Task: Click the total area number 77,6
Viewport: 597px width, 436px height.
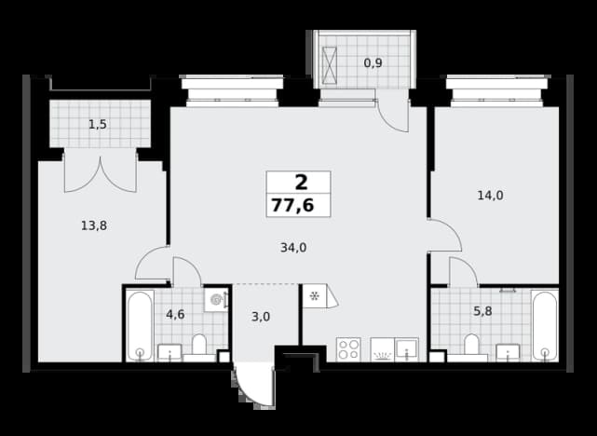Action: point(292,206)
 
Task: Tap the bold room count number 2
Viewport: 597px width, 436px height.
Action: point(301,183)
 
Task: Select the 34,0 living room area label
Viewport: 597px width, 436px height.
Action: point(293,248)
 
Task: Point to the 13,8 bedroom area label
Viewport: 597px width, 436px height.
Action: point(94,225)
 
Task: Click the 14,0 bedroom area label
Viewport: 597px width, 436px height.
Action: point(491,196)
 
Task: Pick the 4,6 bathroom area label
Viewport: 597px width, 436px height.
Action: point(175,315)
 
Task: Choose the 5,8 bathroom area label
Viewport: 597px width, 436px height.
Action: point(482,311)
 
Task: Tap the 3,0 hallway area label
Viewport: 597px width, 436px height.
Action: point(261,317)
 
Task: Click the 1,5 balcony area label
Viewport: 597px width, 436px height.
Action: point(98,125)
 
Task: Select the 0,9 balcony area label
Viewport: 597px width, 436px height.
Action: point(373,62)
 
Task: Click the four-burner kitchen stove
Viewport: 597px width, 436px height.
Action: point(348,349)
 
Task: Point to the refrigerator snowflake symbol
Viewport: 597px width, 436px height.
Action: point(315,296)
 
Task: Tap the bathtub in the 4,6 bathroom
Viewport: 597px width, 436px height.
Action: point(140,325)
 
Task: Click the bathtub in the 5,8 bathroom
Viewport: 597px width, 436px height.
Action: point(545,325)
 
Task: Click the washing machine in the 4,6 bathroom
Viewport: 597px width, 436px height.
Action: point(216,300)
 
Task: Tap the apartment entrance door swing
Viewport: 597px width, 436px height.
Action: point(254,385)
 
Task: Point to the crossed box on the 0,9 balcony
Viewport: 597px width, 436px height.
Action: point(330,65)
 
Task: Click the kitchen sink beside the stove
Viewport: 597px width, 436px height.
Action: point(407,349)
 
